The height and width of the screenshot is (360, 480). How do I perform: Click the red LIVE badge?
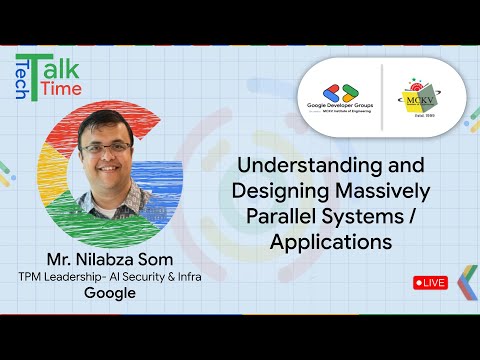tap(430, 283)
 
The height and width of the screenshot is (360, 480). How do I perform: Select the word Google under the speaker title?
tap(110, 293)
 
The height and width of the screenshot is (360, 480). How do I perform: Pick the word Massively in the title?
tap(363, 189)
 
